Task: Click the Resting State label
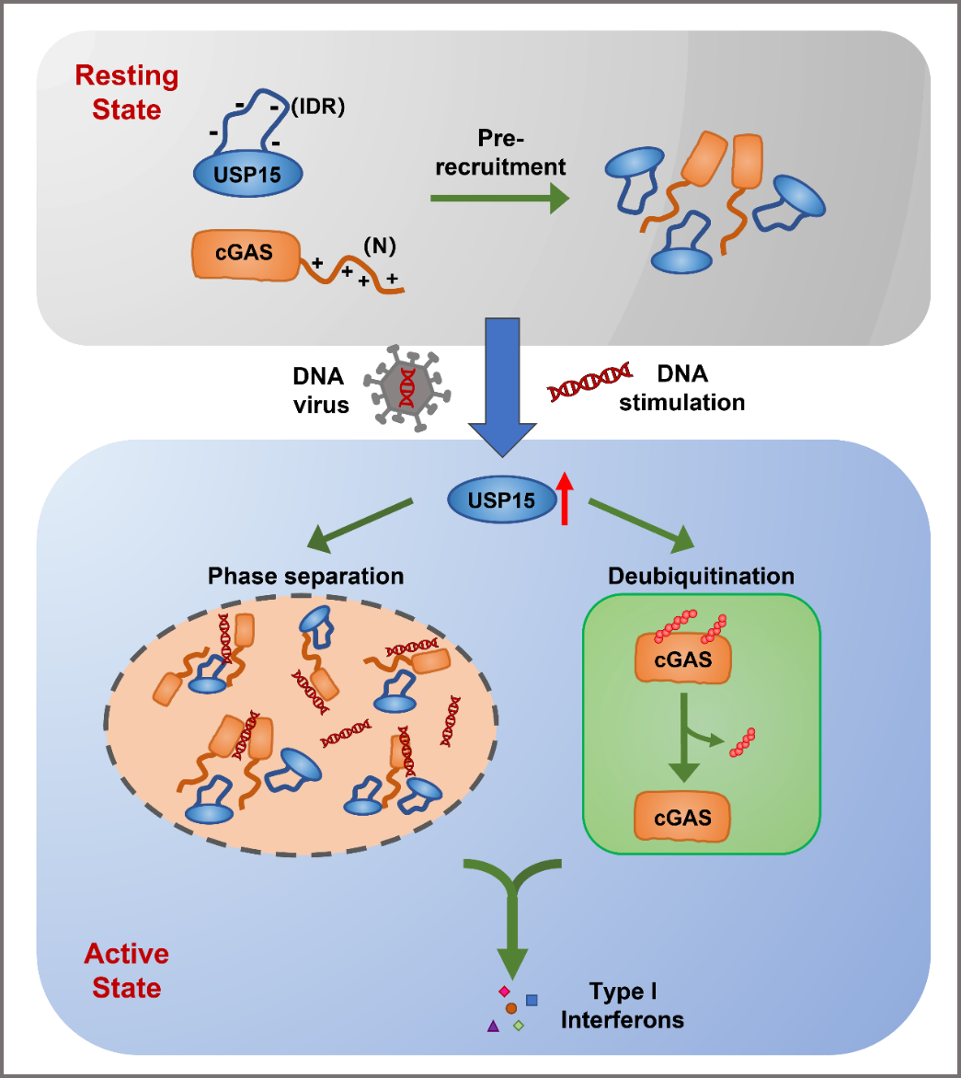click(127, 92)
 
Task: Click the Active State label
click(127, 970)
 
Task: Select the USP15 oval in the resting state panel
click(247, 173)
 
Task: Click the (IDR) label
click(317, 107)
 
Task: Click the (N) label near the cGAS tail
click(380, 246)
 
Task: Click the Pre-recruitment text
click(521, 153)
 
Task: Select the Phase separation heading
click(305, 577)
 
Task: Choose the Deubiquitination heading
click(701, 577)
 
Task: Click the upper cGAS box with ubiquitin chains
click(682, 659)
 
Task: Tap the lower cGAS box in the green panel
click(682, 817)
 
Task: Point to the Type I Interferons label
click(622, 1005)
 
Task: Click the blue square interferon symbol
click(532, 1000)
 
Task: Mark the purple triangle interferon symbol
click(493, 1025)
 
